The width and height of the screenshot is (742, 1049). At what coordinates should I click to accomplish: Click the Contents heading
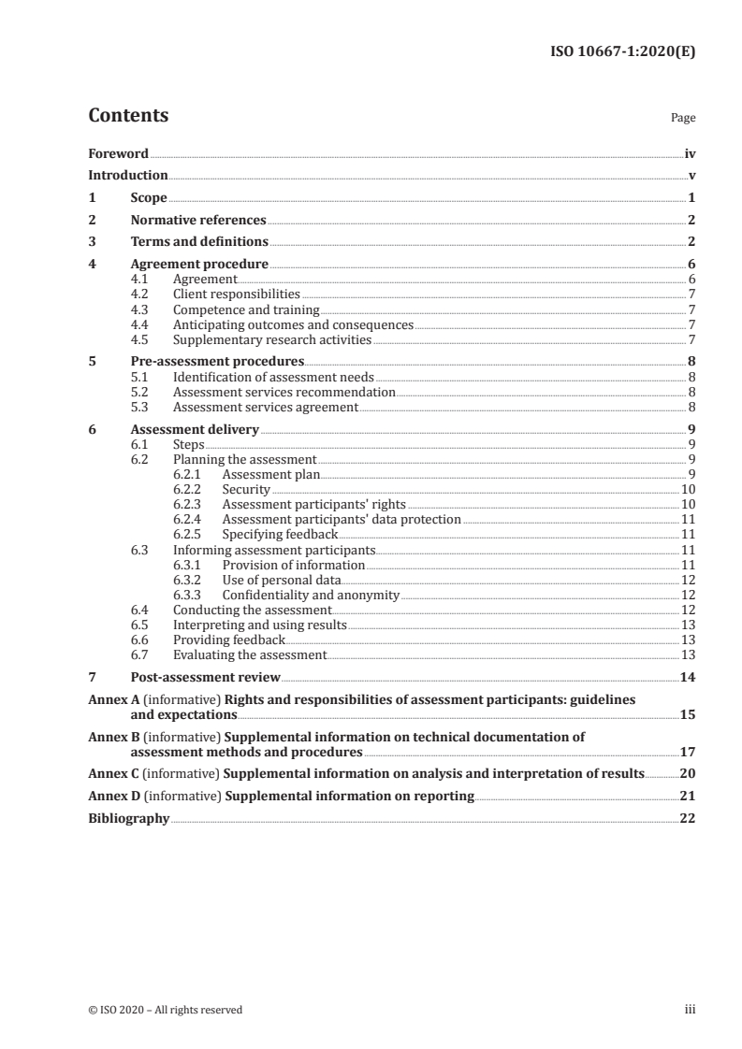click(x=128, y=116)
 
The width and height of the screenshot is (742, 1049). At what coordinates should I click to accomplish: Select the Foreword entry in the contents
click(x=118, y=153)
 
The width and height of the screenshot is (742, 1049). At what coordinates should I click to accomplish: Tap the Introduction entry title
click(x=128, y=175)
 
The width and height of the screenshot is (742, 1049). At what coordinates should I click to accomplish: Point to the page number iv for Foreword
click(x=690, y=153)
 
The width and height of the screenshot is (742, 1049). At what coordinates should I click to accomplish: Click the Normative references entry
click(x=198, y=221)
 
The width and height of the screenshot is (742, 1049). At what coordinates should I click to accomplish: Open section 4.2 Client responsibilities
click(x=237, y=294)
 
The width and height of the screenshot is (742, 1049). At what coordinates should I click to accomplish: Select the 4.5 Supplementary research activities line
click(x=272, y=339)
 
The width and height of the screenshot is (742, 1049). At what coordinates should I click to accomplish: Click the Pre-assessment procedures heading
click(x=217, y=361)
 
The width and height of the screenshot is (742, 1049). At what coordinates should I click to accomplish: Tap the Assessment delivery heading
click(x=195, y=430)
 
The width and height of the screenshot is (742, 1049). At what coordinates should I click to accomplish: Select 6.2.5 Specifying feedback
click(x=280, y=535)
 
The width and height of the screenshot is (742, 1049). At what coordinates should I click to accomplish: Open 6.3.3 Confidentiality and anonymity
click(x=311, y=595)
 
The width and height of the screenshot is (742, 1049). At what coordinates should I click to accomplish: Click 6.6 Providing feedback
click(x=229, y=640)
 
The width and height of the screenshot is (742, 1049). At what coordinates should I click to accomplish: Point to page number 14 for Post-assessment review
click(x=688, y=678)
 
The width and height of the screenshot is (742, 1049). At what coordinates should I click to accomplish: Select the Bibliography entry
click(x=129, y=818)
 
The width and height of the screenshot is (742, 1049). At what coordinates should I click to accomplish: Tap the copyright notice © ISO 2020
click(x=166, y=1010)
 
